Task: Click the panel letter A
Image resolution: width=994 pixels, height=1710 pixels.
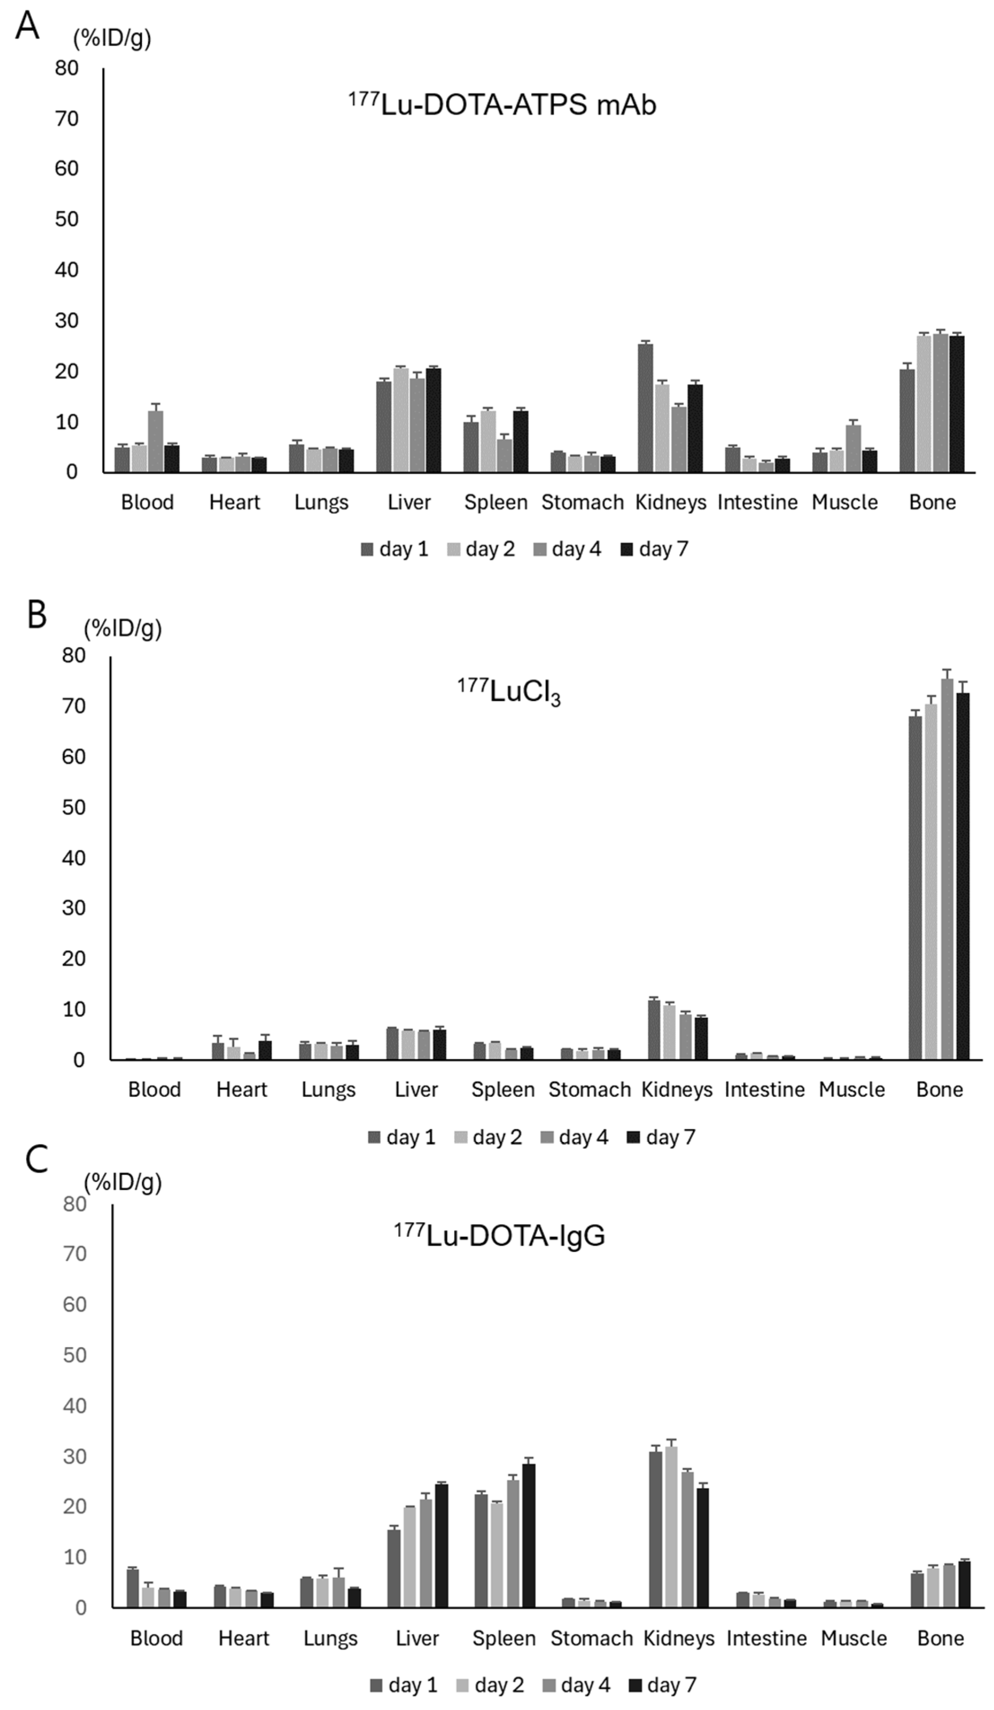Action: coord(27,27)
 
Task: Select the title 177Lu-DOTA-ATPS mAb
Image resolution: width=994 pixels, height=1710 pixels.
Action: coord(502,105)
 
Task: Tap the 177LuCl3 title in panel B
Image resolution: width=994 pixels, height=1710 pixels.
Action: coord(509,693)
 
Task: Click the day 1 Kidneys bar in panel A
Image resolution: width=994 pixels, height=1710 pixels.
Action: coord(645,407)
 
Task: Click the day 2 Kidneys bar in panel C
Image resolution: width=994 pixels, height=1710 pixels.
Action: coord(672,1527)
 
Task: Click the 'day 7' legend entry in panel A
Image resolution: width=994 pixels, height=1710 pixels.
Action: coord(655,549)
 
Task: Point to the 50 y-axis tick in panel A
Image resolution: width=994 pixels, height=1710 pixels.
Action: coord(66,219)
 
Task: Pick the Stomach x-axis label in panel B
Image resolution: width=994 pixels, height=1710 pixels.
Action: coord(589,1090)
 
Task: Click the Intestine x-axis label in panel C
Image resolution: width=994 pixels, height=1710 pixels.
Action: coord(767,1638)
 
